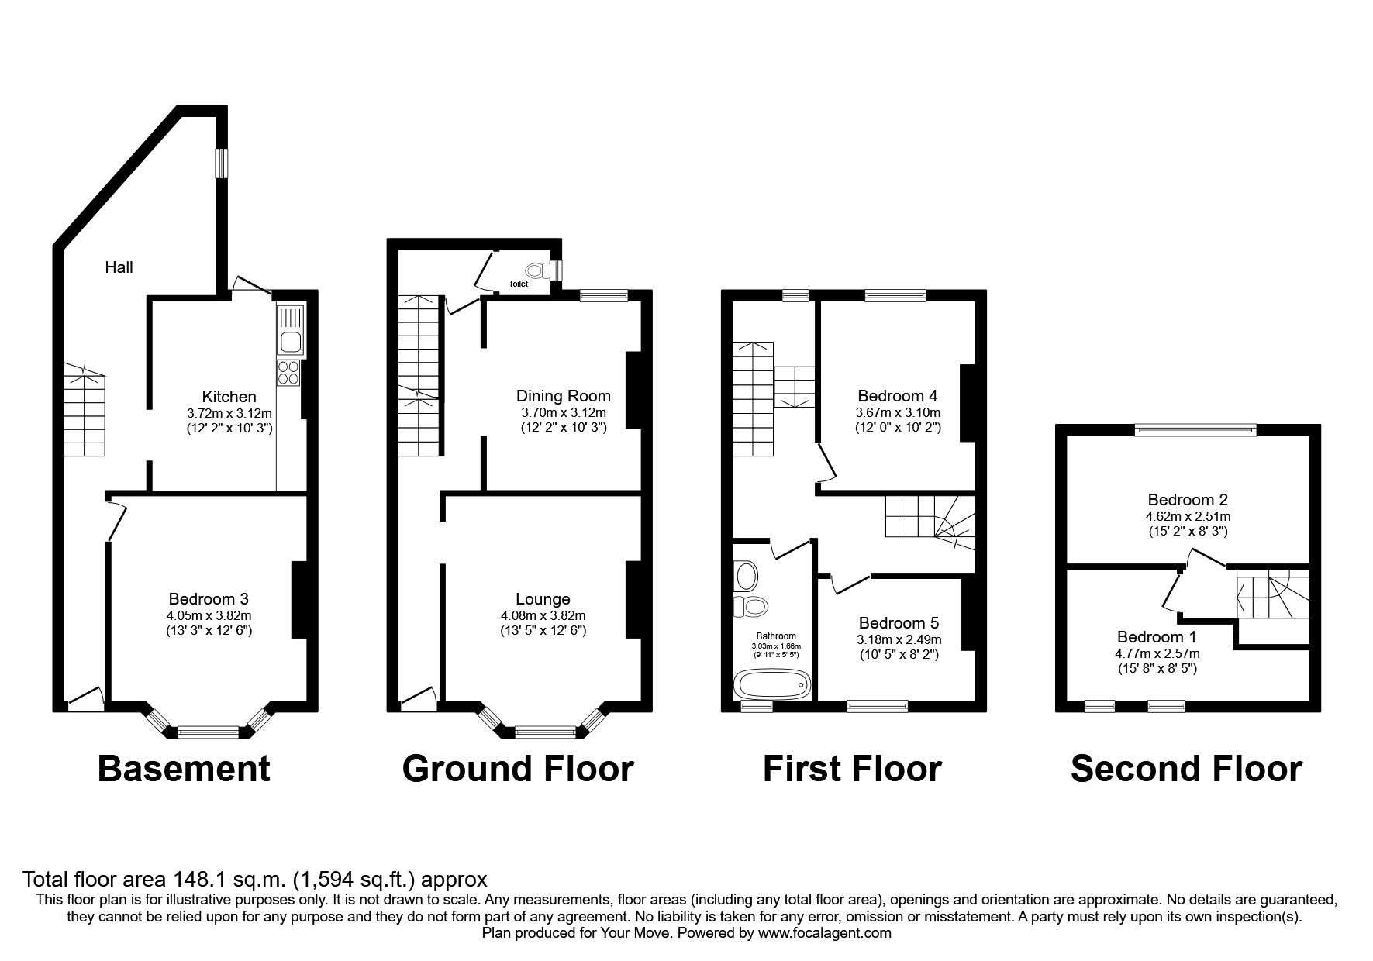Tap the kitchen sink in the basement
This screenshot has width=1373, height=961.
(291, 330)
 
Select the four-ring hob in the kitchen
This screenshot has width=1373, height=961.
(289, 373)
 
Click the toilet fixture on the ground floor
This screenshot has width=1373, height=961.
(535, 270)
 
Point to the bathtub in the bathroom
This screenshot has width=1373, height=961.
(771, 685)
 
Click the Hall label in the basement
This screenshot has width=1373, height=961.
(119, 267)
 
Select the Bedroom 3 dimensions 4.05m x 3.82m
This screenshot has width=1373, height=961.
(209, 615)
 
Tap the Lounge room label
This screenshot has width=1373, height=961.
(543, 599)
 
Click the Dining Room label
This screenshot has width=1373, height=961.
(563, 396)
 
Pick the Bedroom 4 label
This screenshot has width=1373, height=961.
(898, 396)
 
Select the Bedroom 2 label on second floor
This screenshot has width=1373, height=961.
(1188, 500)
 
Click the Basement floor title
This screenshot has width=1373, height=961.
(184, 769)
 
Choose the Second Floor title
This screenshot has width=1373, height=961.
(1186, 769)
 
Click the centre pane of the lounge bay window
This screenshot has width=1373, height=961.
(545, 731)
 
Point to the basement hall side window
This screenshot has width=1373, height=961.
(222, 162)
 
